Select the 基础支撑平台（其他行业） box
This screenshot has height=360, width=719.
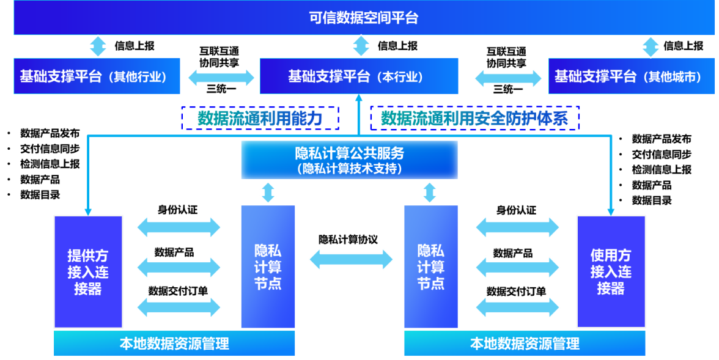pyautogui.click(x=97, y=76)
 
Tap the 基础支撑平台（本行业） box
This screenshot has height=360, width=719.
pyautogui.click(x=359, y=76)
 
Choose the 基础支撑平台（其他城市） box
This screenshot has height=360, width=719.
pyautogui.click(x=627, y=76)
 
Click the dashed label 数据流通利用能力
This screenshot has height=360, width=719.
pyautogui.click(x=260, y=118)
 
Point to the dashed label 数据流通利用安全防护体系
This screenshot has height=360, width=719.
pyautogui.click(x=474, y=118)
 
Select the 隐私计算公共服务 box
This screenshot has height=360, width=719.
pyautogui.click(x=349, y=160)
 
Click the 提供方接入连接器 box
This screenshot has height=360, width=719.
pyautogui.click(x=88, y=271)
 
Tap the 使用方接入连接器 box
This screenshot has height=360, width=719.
pyautogui.click(x=611, y=271)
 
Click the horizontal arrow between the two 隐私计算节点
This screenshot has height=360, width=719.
pyautogui.click(x=350, y=260)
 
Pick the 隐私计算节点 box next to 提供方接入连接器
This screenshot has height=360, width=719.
pyautogui.click(x=268, y=266)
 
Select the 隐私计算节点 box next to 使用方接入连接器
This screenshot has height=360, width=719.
pyautogui.click(x=430, y=266)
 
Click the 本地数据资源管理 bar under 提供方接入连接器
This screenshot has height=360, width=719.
pyautogui.click(x=174, y=343)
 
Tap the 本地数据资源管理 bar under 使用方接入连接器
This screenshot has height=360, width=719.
pyautogui.click(x=525, y=343)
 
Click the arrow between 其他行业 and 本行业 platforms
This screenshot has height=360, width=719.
pyautogui.click(x=221, y=77)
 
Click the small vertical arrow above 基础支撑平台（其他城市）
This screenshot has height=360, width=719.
pyautogui.click(x=650, y=46)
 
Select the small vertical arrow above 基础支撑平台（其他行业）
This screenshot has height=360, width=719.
pyautogui.click(x=97, y=45)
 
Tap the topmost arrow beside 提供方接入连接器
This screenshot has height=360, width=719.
pyautogui.click(x=178, y=227)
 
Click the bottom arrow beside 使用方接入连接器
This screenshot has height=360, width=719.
pyautogui.click(x=517, y=307)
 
